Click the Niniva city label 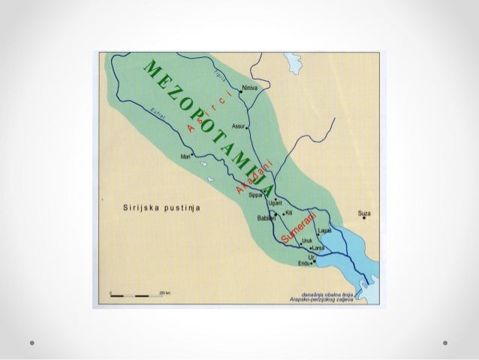point(252,88)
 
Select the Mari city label point(185,156)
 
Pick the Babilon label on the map point(265,217)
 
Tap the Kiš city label point(288,213)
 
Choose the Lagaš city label point(325,230)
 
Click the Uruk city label point(306,241)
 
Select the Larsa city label point(319,247)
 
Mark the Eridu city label point(303,264)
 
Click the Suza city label point(366,212)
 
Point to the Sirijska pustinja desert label point(157,207)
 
